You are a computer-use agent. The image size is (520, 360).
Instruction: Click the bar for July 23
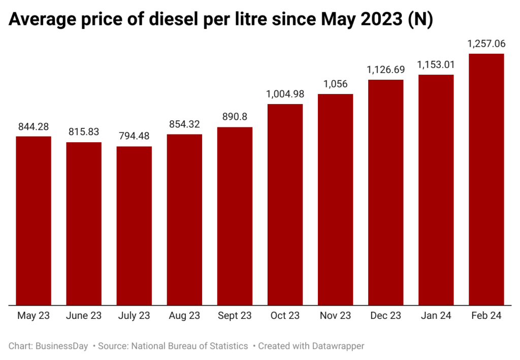[134, 226]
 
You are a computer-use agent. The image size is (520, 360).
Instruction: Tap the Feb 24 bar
[486, 179]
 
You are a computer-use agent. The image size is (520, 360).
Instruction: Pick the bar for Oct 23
[285, 205]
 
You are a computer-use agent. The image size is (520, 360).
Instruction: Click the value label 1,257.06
[486, 44]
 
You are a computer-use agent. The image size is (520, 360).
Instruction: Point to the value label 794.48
[134, 137]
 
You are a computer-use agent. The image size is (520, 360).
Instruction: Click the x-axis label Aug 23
[184, 315]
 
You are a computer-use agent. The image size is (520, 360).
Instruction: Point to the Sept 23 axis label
[235, 315]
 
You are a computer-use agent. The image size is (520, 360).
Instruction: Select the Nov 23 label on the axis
[335, 315]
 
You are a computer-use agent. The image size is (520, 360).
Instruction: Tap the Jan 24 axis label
[436, 315]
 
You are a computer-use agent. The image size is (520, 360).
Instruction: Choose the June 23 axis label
[84, 315]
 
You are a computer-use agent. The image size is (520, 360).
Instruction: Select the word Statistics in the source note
[226, 346]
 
